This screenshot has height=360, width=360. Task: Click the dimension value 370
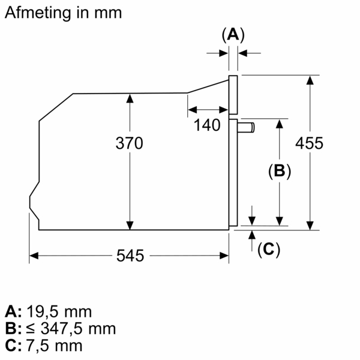coord(130,144)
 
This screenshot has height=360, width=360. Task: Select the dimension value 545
coord(130,256)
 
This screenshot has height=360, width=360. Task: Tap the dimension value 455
coord(310,143)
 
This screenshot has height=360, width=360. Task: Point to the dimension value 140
coord(208,125)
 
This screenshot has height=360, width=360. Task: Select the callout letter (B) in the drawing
coord(279,172)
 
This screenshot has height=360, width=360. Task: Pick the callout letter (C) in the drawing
coord(269,250)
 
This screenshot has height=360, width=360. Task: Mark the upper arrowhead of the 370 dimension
coord(130,98)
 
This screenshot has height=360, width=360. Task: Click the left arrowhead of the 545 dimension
coord(34,256)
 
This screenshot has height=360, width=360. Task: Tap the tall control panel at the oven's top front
coord(233,94)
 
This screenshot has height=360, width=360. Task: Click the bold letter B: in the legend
coord(13,329)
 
